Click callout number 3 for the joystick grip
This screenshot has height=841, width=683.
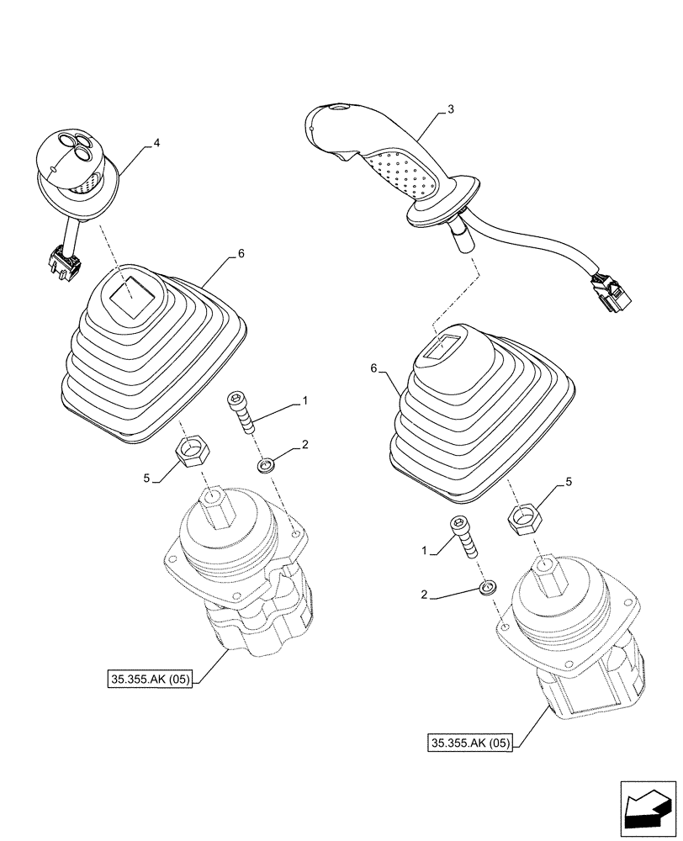tap(452, 109)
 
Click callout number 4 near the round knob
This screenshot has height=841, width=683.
tap(156, 144)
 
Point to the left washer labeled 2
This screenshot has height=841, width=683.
tap(267, 463)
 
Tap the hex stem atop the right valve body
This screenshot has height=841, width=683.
tap(548, 576)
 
